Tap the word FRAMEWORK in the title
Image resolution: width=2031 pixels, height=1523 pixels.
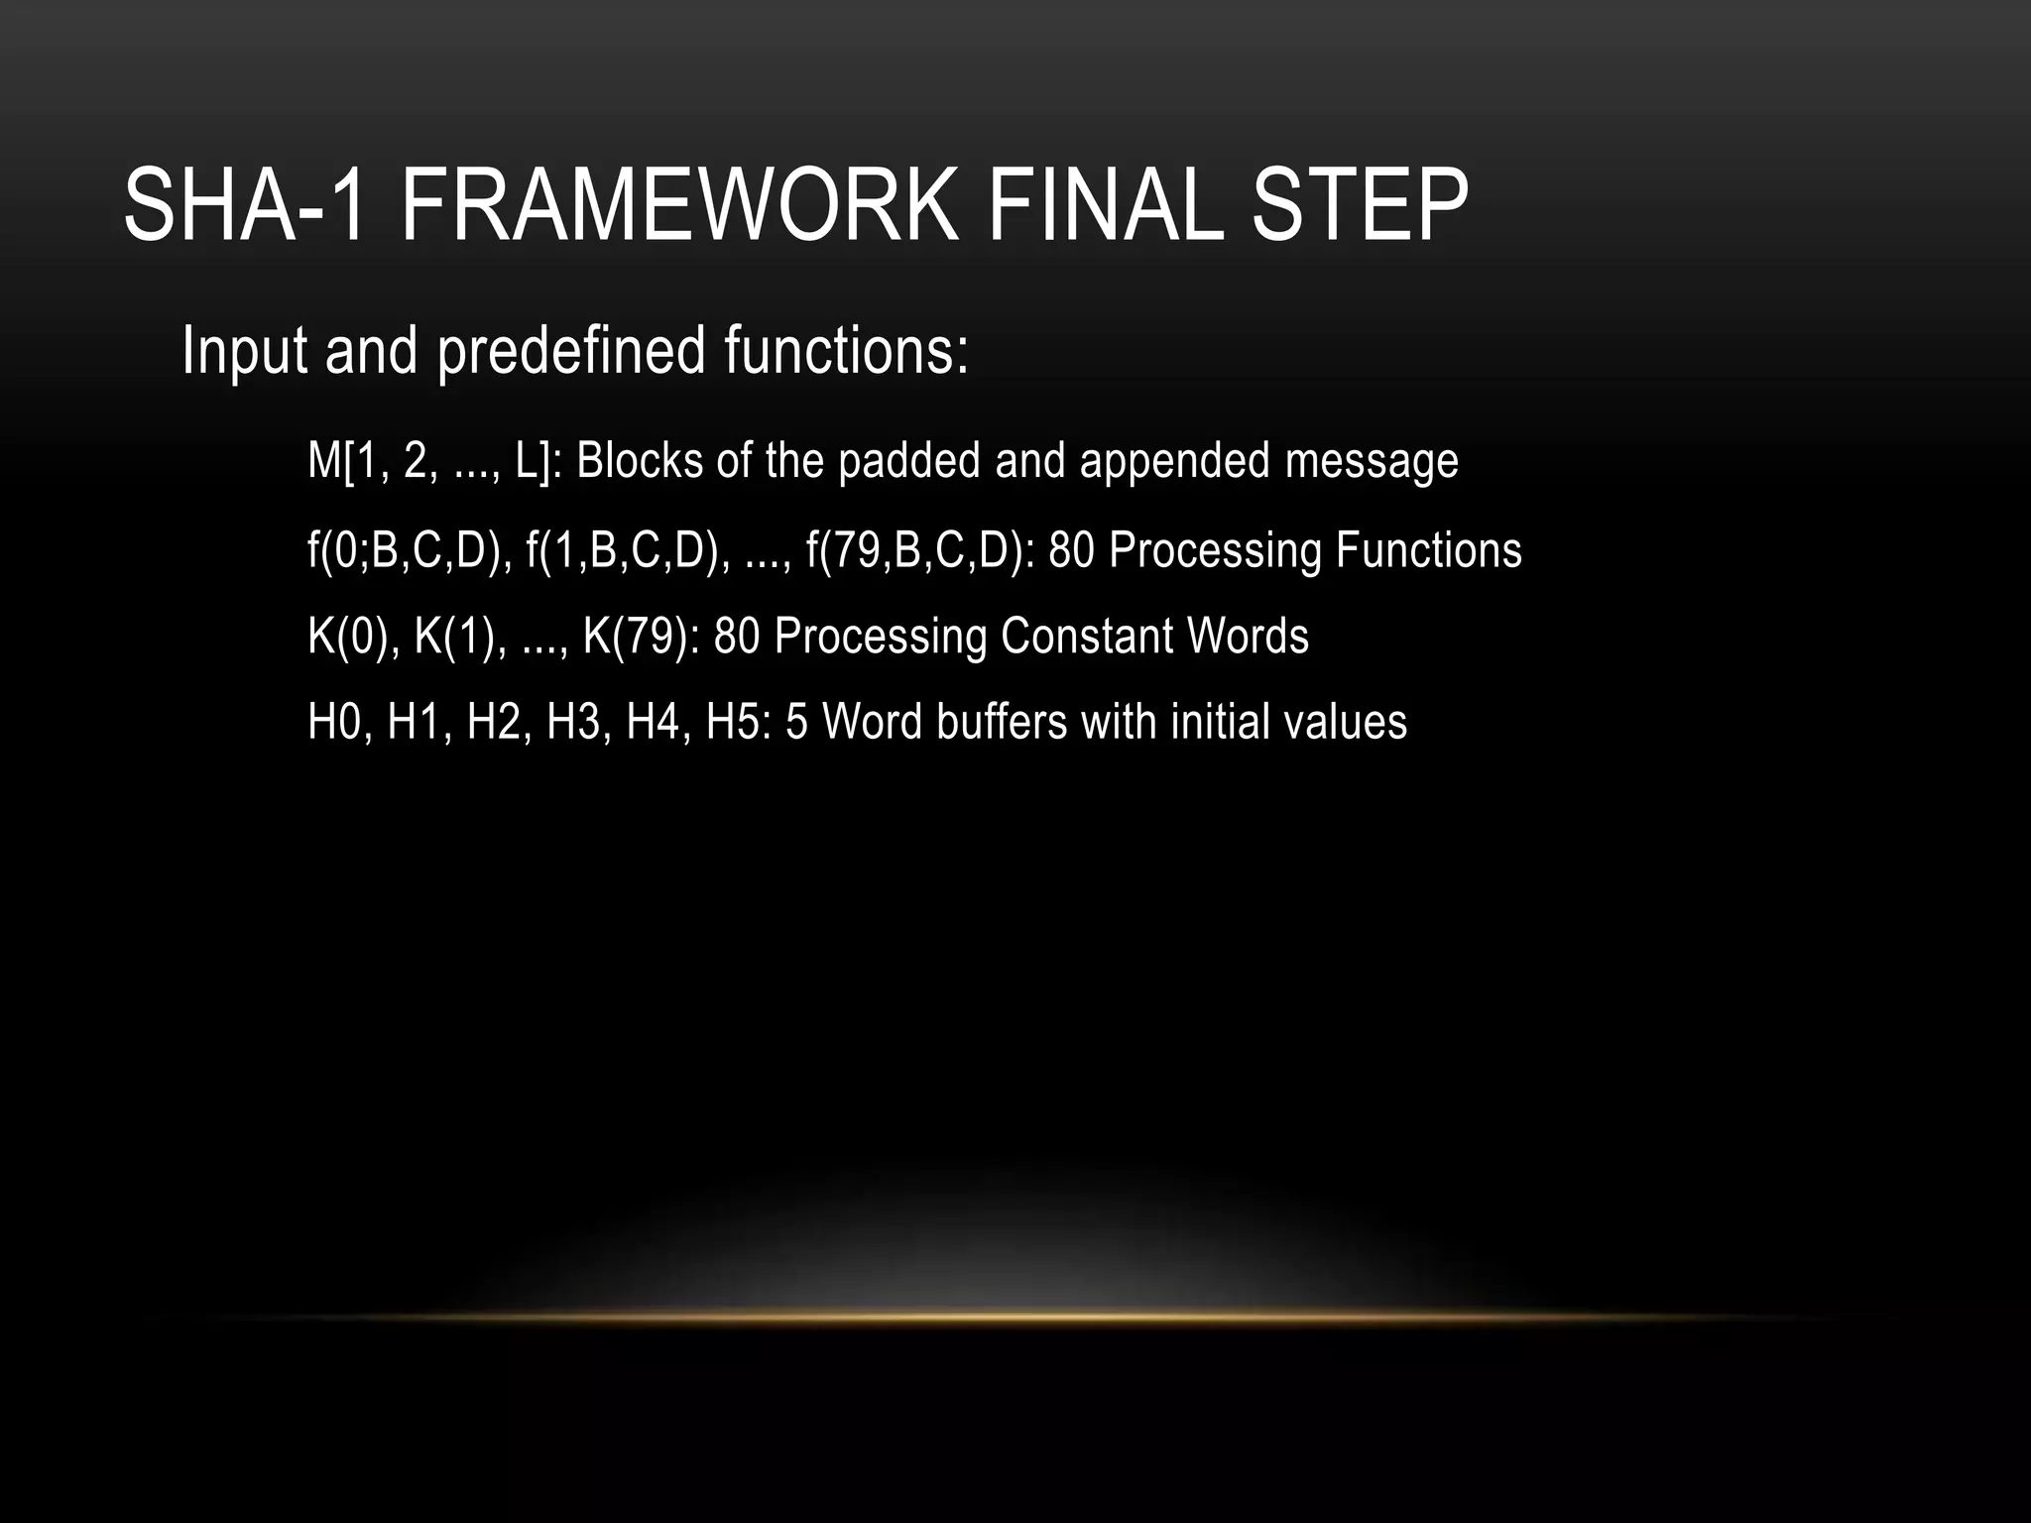680,206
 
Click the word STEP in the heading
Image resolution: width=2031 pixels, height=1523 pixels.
1360,206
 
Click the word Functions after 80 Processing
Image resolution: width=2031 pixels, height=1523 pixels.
1428,550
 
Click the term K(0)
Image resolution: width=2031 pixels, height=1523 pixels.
353,637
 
